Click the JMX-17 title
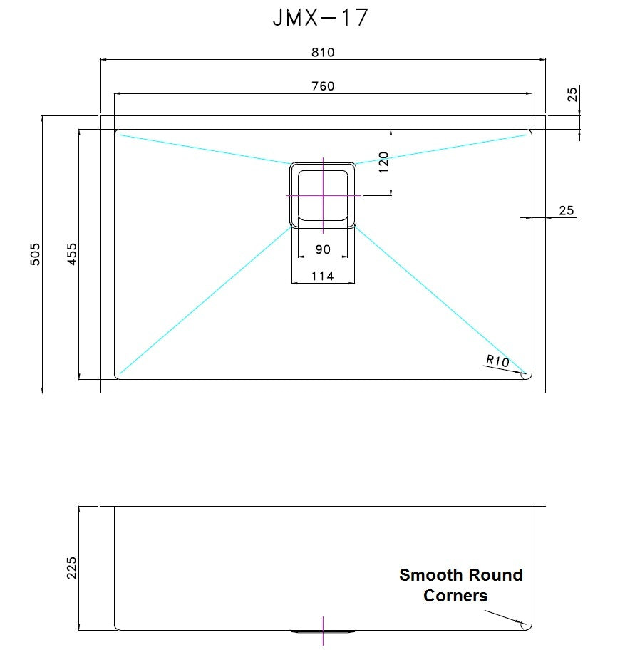pos(320,17)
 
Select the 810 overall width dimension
pos(323,52)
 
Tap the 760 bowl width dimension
pos(323,86)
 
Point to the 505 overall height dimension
pos(36,254)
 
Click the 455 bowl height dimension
pos(73,254)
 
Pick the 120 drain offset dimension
pos(383,162)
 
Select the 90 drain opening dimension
pos(323,249)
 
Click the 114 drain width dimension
pos(323,276)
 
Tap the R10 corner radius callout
pos(497,361)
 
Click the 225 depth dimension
pos(72,568)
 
